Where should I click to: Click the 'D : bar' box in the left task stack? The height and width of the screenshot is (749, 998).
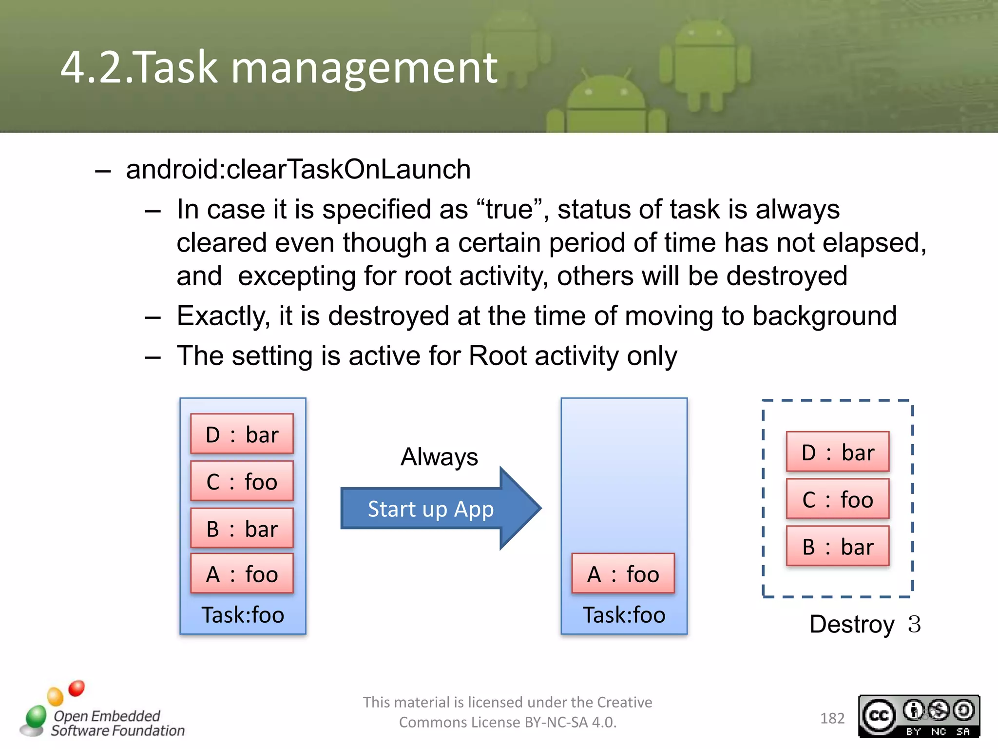(x=242, y=434)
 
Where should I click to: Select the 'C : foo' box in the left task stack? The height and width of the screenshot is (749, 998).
(x=242, y=481)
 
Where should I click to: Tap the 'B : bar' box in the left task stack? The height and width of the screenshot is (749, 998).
(x=242, y=528)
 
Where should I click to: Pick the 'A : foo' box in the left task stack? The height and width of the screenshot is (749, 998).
(x=242, y=573)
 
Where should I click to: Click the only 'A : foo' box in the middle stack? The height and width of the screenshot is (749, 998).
(x=623, y=573)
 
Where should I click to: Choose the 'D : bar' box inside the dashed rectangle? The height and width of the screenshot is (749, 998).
(x=838, y=452)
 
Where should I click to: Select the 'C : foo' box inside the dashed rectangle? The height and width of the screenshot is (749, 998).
(x=838, y=499)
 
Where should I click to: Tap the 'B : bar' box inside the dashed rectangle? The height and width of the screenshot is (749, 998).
(x=838, y=546)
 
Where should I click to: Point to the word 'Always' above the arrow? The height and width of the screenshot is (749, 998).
(x=439, y=457)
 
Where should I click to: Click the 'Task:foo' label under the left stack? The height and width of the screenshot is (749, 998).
(x=243, y=615)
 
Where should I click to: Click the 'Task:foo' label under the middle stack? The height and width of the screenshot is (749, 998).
(x=624, y=615)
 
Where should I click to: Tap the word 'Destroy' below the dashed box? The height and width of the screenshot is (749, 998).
(x=852, y=624)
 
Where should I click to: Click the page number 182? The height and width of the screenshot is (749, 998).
(x=832, y=718)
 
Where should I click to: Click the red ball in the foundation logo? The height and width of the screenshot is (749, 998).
(x=77, y=688)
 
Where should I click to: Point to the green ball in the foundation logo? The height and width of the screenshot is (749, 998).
(x=36, y=716)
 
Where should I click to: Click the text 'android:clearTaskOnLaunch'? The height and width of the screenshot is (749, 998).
(x=298, y=169)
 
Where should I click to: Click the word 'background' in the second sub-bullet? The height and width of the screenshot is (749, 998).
(x=824, y=316)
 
